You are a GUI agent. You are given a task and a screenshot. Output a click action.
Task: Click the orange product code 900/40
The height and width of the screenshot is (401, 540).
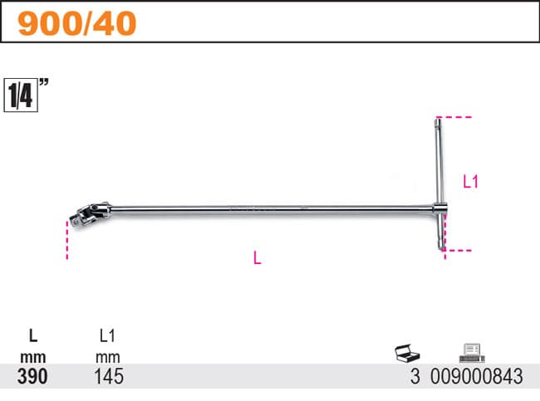click(77, 23)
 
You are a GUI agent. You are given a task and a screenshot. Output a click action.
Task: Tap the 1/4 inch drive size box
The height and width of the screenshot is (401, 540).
click(21, 95)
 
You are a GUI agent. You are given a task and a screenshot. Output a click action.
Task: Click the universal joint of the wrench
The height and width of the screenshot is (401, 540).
click(94, 211)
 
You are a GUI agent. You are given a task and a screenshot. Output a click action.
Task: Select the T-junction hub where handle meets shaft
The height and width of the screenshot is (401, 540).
click(440, 208)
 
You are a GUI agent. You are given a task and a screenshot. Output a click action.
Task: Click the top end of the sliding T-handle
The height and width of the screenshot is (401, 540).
click(438, 119)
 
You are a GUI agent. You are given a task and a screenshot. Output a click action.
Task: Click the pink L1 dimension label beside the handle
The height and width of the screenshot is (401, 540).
click(470, 181)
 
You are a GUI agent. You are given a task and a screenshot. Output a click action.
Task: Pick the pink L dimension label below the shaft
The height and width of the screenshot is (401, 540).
click(258, 258)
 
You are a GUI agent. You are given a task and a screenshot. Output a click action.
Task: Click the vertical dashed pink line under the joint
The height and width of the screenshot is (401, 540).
click(67, 240)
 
